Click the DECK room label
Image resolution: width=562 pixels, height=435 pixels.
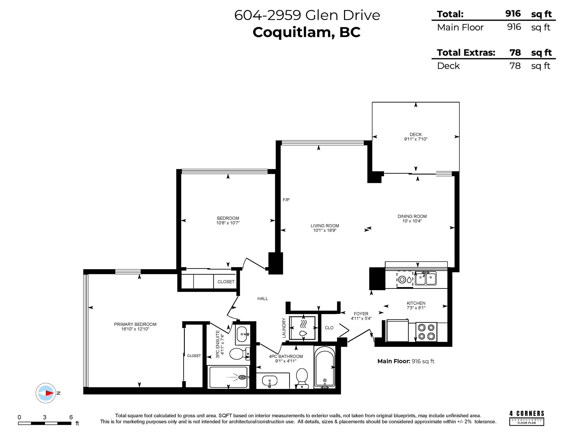pyautogui.click(x=416, y=134)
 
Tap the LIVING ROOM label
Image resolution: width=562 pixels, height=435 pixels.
pyautogui.click(x=325, y=226)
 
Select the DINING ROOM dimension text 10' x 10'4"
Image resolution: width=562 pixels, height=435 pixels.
pyautogui.click(x=412, y=221)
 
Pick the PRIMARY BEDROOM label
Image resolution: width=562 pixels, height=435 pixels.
pyautogui.click(x=135, y=324)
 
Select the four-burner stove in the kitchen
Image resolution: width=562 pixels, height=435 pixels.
pyautogui.click(x=426, y=332)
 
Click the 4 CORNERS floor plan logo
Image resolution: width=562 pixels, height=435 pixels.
pyautogui.click(x=527, y=418)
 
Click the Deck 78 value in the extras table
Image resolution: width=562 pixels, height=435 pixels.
pyautogui.click(x=515, y=66)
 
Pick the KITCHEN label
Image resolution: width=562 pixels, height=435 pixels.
pyautogui.click(x=416, y=303)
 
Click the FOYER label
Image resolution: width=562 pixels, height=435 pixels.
pyautogui.click(x=361, y=314)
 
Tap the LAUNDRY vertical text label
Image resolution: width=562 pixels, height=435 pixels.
pyautogui.click(x=284, y=328)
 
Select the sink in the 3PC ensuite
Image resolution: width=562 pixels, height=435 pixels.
pyautogui.click(x=242, y=334)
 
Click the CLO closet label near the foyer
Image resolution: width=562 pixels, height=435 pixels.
pyautogui.click(x=329, y=328)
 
